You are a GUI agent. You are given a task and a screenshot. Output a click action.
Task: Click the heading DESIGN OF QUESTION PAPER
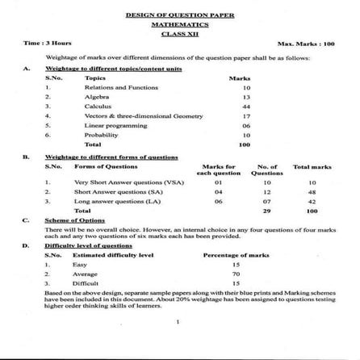click(x=179, y=15)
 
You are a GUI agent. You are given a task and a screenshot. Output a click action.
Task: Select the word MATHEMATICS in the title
click(x=179, y=24)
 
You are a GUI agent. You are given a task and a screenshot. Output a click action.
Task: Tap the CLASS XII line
click(x=179, y=33)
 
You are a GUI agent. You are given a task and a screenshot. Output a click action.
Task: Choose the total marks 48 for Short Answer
click(x=312, y=192)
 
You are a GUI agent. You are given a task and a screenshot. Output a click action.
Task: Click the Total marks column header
click(x=312, y=166)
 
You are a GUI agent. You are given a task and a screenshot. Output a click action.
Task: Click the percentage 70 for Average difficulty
click(x=236, y=274)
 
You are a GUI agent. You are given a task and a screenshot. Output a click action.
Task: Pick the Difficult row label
click(x=86, y=283)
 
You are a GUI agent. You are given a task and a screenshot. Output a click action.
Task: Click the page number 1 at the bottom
click(x=178, y=322)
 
